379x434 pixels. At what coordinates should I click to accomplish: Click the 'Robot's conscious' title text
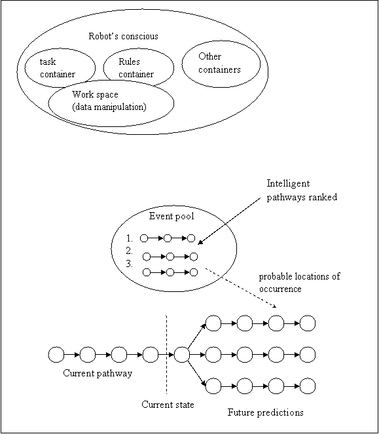[123, 36]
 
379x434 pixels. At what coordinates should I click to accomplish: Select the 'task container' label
[58, 68]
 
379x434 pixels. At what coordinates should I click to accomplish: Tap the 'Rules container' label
[136, 68]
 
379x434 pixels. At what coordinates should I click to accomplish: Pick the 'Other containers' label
[219, 63]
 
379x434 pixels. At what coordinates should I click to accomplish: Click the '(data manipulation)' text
[109, 107]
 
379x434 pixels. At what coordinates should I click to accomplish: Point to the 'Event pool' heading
[171, 216]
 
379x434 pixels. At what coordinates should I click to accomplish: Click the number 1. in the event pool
[130, 238]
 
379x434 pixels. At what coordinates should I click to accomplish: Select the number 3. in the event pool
[130, 264]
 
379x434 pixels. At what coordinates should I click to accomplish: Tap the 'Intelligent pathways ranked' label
[302, 190]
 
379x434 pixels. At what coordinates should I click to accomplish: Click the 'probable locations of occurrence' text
[299, 283]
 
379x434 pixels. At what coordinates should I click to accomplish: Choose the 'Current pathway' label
[98, 373]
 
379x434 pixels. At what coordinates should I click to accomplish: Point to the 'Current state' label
[168, 405]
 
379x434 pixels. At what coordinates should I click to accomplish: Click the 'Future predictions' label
[266, 412]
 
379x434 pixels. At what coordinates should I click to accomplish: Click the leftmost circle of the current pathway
[56, 355]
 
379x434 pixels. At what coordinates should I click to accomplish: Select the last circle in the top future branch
[308, 323]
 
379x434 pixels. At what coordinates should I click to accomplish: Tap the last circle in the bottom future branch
[308, 386]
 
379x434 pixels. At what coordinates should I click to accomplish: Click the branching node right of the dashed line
[182, 355]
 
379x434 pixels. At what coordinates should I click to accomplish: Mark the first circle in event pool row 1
[144, 238]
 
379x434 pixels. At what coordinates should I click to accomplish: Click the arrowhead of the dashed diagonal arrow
[275, 306]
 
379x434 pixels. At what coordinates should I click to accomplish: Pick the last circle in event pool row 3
[194, 272]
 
